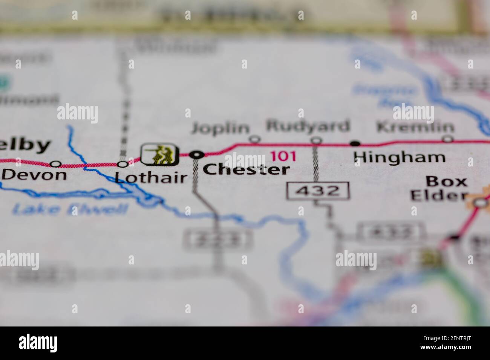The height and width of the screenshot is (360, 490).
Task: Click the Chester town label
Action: [247, 169]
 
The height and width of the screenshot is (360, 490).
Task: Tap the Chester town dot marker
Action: [196, 154]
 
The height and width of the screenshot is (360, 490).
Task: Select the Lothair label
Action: [151, 177]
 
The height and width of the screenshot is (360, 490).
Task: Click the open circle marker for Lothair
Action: [122, 164]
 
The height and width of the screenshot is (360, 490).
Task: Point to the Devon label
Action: [34, 175]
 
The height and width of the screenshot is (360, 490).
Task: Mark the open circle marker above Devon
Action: [56, 164]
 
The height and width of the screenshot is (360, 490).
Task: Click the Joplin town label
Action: [220, 128]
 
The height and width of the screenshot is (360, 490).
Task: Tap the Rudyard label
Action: [308, 126]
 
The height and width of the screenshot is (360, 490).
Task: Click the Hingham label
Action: [400, 157]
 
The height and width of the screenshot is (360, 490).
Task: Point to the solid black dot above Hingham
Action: [354, 143]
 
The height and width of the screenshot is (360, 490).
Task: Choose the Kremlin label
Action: [415, 127]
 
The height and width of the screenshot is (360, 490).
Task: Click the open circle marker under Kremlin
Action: [447, 139]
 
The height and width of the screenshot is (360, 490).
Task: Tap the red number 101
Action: [283, 156]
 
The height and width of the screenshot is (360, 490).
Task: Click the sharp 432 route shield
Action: [317, 191]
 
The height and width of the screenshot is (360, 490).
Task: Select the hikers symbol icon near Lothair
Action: [159, 154]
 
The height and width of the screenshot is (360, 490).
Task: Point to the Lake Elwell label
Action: [70, 209]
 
